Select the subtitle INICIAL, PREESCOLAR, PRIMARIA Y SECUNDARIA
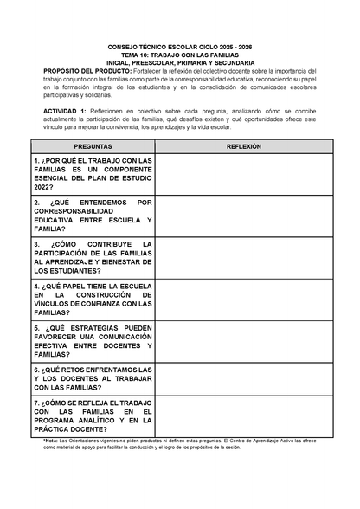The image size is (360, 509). click(x=180, y=63)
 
